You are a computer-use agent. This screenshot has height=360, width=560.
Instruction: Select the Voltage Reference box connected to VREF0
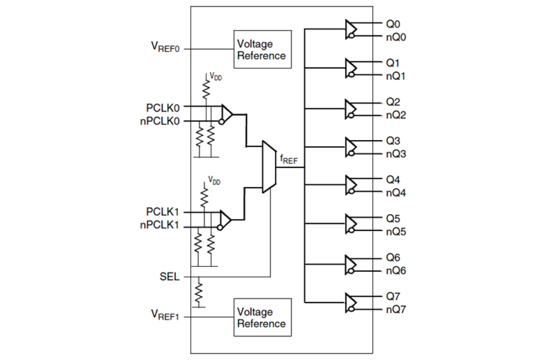tap(262, 50)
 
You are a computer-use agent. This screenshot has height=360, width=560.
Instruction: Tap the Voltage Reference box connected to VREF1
tap(262, 317)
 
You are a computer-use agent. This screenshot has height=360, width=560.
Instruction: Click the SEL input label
tap(169, 277)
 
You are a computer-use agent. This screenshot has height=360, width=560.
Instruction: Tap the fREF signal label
tap(288, 159)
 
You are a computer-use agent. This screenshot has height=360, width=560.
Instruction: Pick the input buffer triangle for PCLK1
tap(226, 219)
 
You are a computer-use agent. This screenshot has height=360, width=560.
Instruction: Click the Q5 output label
tap(393, 219)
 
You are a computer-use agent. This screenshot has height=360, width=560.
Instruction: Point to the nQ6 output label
tap(396, 271)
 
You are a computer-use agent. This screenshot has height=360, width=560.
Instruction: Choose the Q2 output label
tap(393, 102)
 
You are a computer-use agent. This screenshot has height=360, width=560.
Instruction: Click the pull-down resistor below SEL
tap(199, 292)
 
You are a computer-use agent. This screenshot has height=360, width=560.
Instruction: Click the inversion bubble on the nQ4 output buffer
tap(352, 192)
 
